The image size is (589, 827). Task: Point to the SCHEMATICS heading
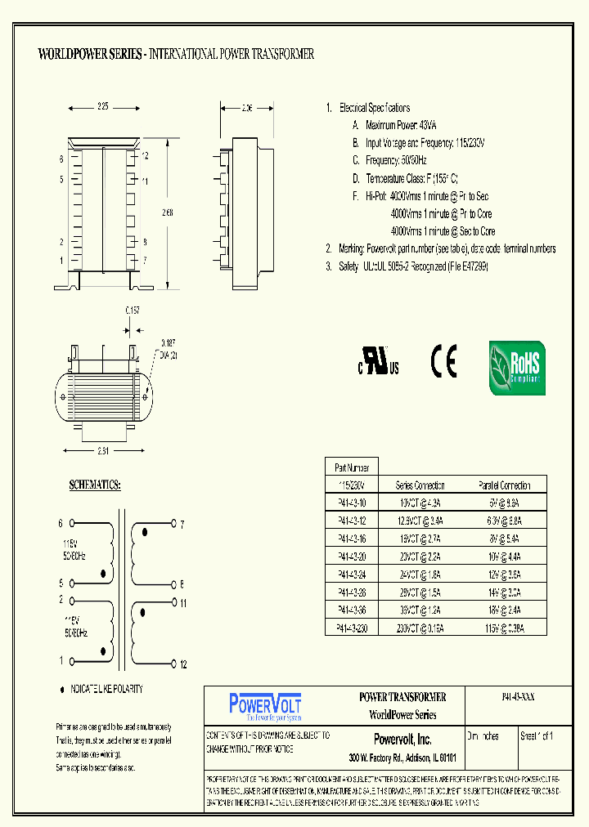click(95, 485)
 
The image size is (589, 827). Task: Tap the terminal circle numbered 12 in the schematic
click(174, 664)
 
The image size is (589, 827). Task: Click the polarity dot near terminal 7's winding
click(146, 533)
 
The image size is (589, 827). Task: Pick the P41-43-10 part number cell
click(352, 503)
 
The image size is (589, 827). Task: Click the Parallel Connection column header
click(504, 485)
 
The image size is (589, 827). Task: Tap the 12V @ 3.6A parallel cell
click(504, 574)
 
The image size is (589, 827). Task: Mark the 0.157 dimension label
click(132, 311)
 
